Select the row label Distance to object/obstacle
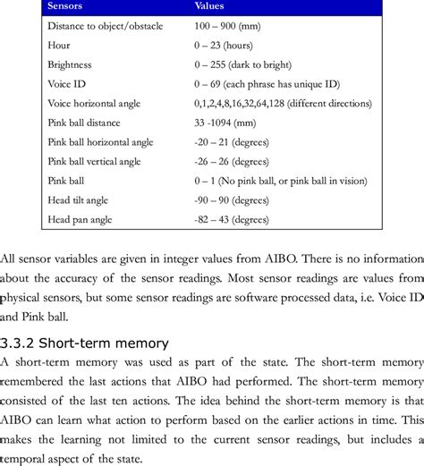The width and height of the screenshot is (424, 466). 105,27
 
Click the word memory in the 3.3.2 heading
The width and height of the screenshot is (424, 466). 148,343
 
